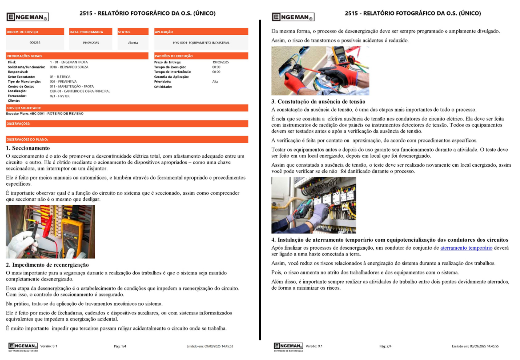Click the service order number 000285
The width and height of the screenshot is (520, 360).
tap(35, 42)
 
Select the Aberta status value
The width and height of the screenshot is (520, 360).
tap(133, 42)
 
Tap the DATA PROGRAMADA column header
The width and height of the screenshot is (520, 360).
tap(86, 32)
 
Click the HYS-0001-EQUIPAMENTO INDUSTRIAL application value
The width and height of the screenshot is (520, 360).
tap(201, 42)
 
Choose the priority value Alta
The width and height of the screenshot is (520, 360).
tap(215, 81)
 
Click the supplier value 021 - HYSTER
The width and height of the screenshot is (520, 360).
tap(60, 96)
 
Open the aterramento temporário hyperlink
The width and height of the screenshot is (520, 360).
tap(466, 248)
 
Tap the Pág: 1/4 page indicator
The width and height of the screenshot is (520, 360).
tap(120, 346)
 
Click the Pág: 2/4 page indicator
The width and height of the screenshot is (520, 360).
tap(385, 346)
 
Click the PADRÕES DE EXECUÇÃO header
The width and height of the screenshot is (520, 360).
tap(174, 56)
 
